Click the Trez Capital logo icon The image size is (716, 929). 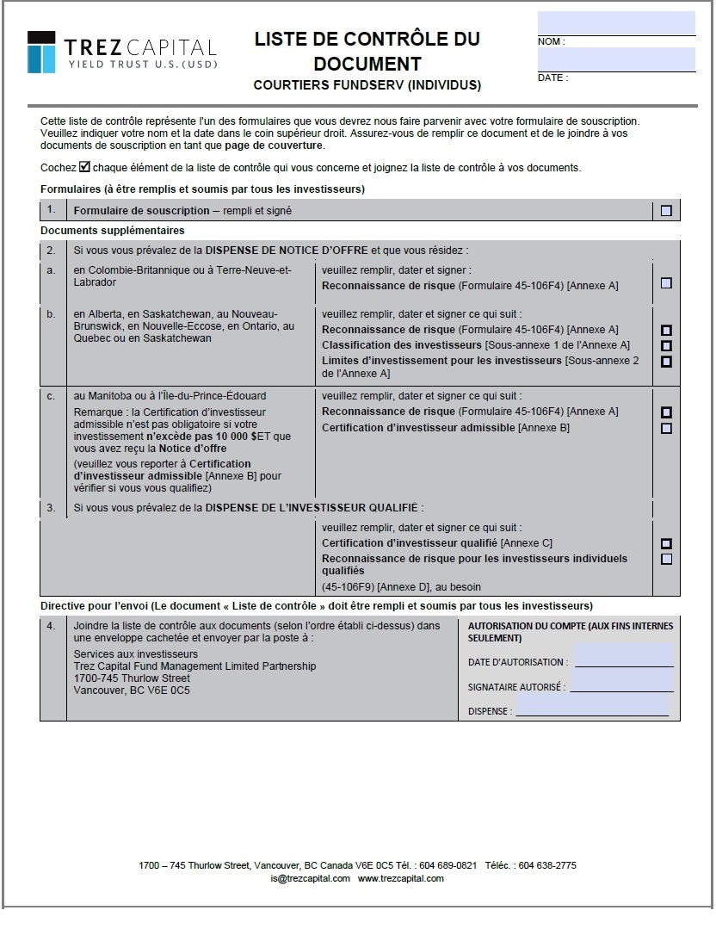(41, 53)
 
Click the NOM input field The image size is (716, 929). (616, 23)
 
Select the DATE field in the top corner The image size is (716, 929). (616, 59)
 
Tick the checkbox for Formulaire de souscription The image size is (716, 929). (666, 211)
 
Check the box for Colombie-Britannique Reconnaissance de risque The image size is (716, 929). (666, 283)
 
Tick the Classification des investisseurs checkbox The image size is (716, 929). (666, 346)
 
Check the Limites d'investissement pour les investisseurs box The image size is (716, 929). (666, 362)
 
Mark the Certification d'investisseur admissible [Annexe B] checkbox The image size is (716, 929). (666, 429)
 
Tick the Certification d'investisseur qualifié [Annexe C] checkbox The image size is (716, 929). (666, 544)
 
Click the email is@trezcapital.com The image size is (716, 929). (310, 878)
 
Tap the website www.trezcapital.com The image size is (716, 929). (401, 878)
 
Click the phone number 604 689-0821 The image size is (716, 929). (448, 865)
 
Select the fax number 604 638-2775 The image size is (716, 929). (548, 865)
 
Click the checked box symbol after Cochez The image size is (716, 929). (84, 167)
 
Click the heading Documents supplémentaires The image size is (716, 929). (112, 231)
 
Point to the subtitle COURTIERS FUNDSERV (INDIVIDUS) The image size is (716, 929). (367, 85)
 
